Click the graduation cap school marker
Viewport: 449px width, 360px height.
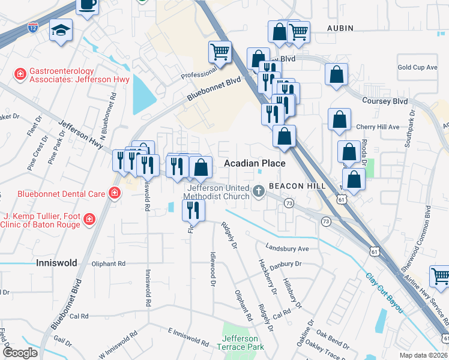61,30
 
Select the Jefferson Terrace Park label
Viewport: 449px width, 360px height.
240,343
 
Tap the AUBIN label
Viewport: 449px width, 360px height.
340,28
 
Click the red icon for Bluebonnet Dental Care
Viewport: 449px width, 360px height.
113,193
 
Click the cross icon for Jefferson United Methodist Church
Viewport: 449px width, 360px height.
259,192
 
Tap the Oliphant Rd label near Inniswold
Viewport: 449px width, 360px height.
108,263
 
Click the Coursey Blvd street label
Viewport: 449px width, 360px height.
384,101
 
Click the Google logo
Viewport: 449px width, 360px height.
20,353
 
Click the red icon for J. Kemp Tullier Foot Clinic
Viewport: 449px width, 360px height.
89,219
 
